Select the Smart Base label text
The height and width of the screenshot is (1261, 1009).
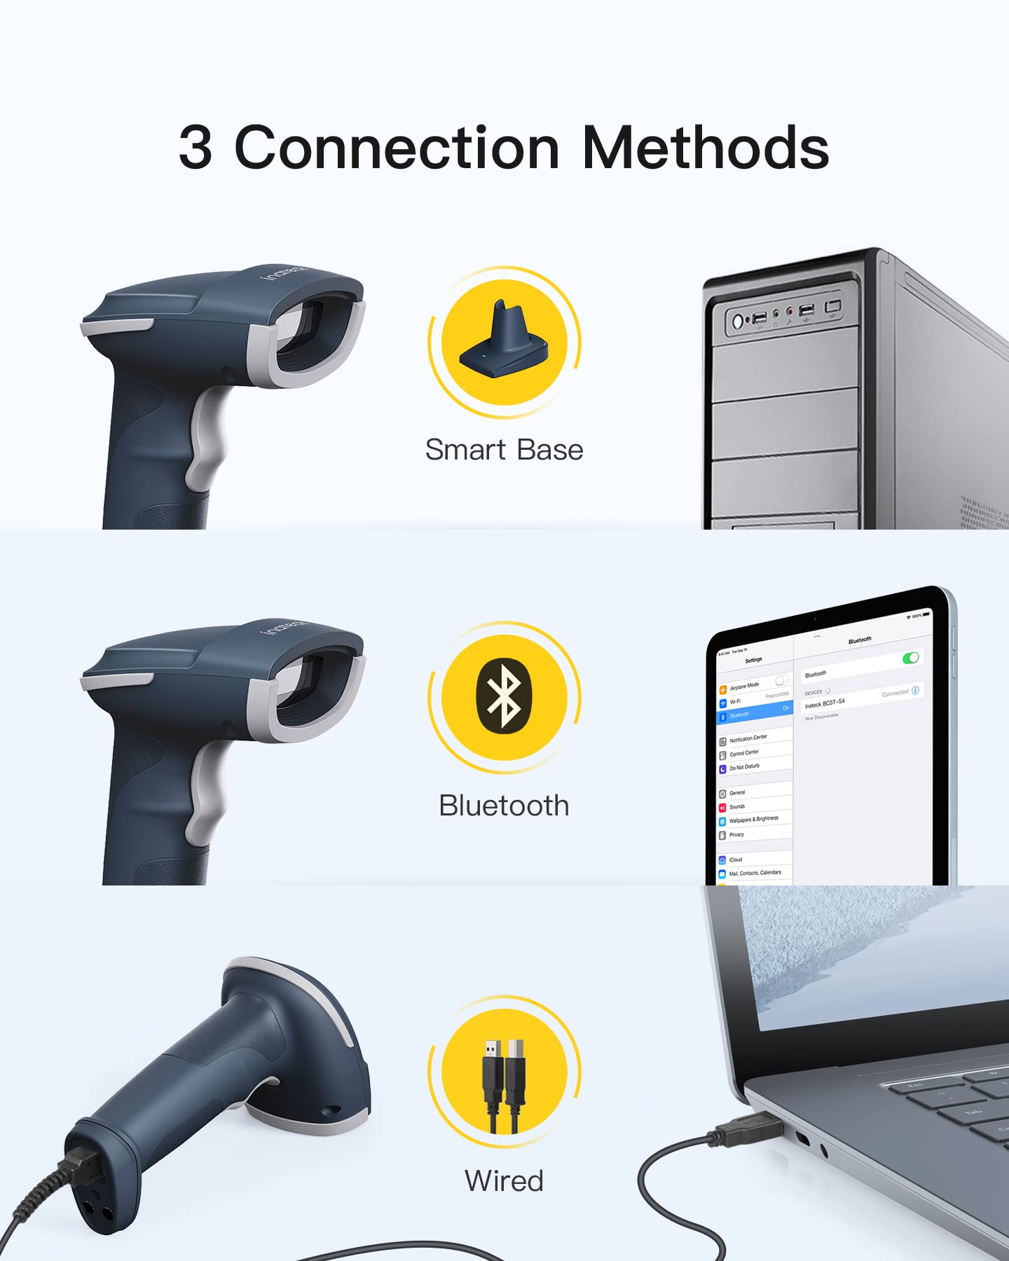(x=504, y=450)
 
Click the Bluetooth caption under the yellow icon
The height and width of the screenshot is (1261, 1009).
(x=504, y=806)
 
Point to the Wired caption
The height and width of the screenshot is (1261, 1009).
(x=504, y=1180)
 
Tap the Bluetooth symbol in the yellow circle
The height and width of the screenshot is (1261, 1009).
(x=504, y=698)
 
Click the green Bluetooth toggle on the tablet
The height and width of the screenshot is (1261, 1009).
(x=910, y=658)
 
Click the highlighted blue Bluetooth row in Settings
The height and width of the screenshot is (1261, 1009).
(x=754, y=713)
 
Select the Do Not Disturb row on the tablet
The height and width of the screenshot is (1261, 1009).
(x=745, y=767)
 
